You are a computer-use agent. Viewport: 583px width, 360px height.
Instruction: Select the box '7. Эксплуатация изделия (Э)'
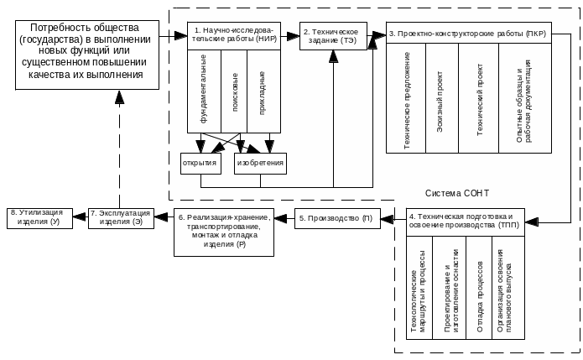point(121,217)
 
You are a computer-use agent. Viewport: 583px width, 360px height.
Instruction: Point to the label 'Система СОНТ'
point(457,193)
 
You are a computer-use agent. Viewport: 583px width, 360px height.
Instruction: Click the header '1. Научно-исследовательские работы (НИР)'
point(232,34)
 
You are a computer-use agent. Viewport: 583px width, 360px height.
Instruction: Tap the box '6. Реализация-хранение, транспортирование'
point(223,229)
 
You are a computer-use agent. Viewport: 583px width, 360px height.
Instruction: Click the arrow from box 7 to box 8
point(79,218)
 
